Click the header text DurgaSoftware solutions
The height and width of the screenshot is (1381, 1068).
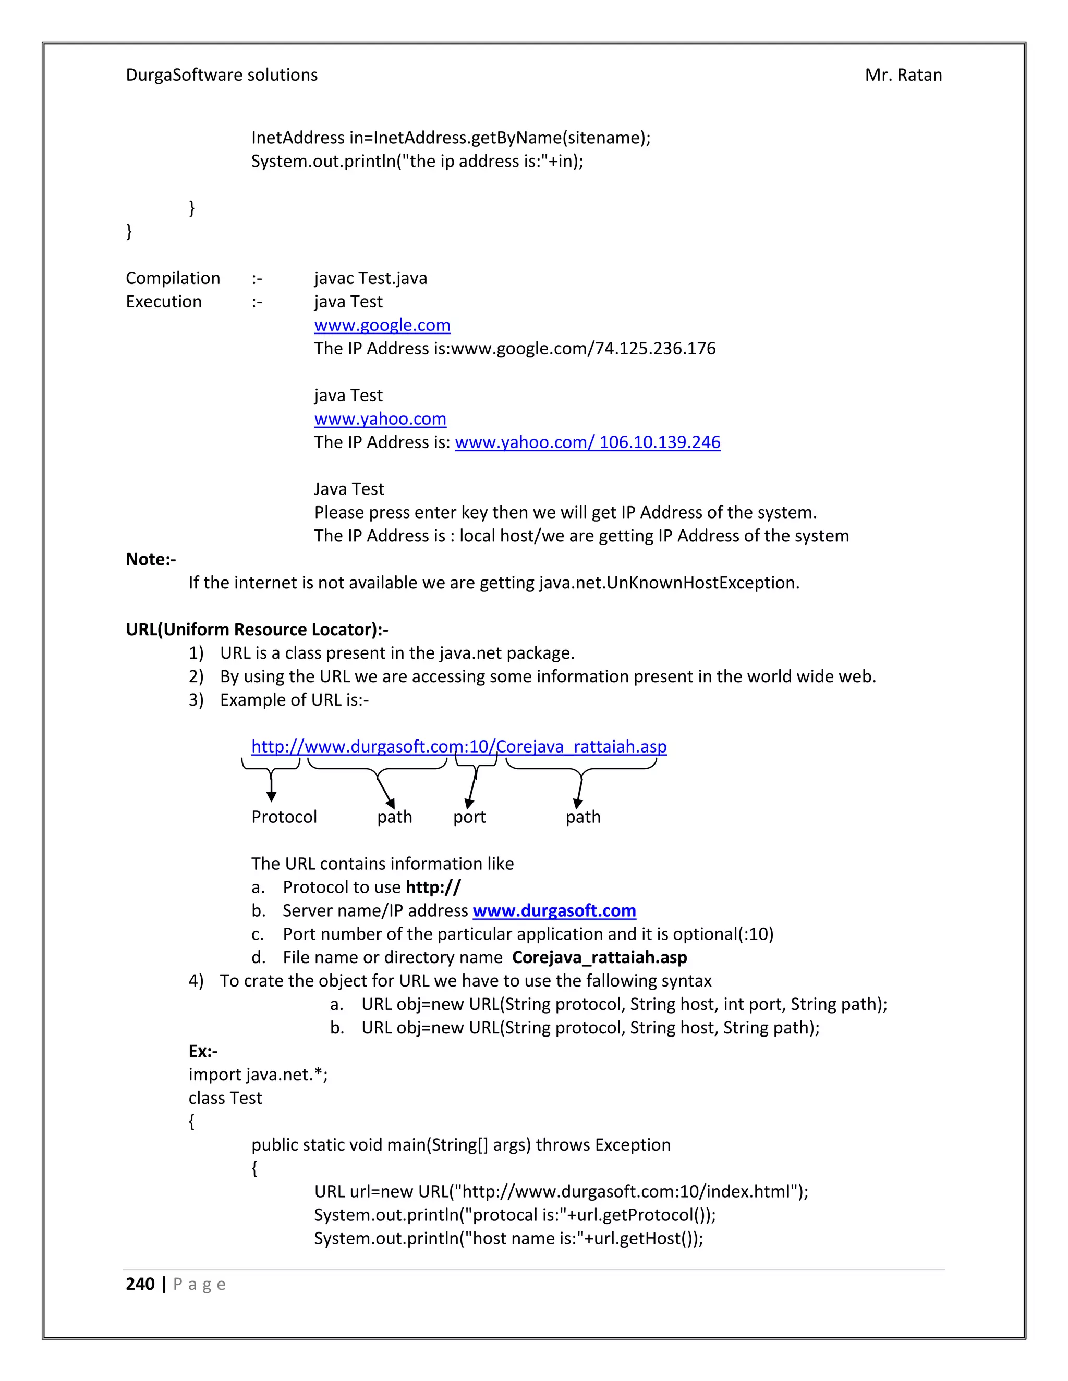point(222,75)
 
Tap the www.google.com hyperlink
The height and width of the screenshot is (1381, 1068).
point(382,325)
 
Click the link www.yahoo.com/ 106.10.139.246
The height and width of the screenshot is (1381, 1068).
point(587,442)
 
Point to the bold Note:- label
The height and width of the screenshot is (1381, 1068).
point(151,559)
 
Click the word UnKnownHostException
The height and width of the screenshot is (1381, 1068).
point(702,583)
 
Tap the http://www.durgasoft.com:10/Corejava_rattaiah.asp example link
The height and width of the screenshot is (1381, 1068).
point(459,746)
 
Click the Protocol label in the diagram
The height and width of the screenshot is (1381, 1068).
point(284,817)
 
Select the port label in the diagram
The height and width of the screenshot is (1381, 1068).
point(469,817)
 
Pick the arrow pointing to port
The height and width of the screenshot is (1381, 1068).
point(471,791)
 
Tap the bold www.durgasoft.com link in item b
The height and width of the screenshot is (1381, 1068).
point(554,910)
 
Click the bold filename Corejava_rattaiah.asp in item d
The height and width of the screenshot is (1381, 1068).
point(599,957)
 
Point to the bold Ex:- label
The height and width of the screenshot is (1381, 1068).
point(203,1051)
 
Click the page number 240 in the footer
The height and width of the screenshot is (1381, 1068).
point(140,1284)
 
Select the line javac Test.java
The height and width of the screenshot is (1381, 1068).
point(371,278)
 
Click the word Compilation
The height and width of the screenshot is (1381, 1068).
point(173,278)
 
